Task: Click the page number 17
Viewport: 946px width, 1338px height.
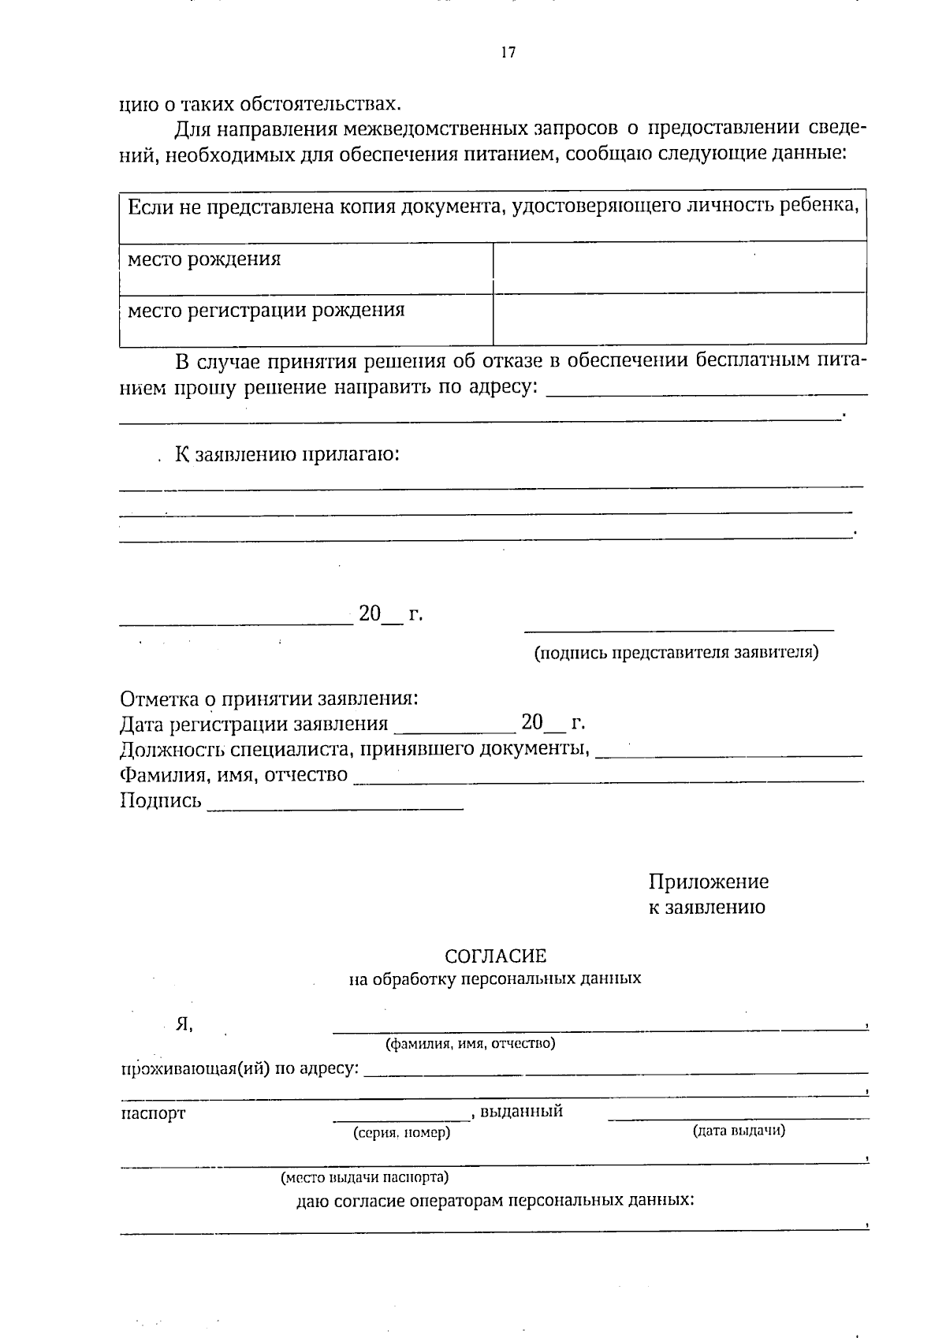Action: [x=508, y=53]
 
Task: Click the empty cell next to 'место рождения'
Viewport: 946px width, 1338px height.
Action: [x=679, y=266]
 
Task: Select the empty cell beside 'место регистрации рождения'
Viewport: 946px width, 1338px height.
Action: [x=679, y=319]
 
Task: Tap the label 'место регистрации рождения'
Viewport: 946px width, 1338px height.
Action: [x=266, y=310]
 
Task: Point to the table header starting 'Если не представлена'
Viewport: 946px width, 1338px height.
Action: [x=492, y=207]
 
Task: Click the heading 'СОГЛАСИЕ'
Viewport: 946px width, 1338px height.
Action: [x=495, y=956]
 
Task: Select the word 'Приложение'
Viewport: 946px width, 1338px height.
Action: [x=708, y=881]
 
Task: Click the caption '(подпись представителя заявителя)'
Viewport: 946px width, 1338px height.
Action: [x=676, y=653]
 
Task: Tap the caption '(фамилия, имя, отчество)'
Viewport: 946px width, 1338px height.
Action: [x=470, y=1044]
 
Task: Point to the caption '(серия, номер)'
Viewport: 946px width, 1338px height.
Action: [x=402, y=1132]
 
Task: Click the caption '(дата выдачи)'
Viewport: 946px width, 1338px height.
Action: [x=739, y=1131]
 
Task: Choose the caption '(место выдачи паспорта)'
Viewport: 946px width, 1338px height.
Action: [x=364, y=1177]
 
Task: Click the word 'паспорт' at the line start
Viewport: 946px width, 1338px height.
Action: [x=152, y=1113]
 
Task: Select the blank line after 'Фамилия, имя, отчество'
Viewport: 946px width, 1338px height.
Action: [x=607, y=780]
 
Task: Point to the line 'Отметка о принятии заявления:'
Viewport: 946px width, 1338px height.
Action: [x=268, y=699]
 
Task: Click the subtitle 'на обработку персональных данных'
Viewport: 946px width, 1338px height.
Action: [x=495, y=979]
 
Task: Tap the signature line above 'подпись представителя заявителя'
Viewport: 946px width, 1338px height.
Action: [x=679, y=630]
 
